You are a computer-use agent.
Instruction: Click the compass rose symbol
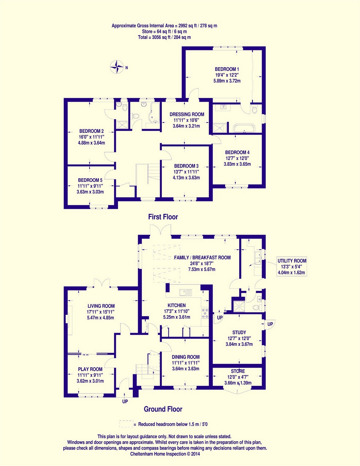coord(117,67)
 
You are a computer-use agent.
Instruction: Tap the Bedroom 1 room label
coord(227,69)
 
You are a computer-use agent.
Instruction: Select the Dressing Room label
coord(187,114)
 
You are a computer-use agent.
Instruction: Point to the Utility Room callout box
coord(292,267)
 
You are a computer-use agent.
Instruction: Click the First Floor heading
coord(163,217)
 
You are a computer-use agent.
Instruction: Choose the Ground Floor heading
coord(163,409)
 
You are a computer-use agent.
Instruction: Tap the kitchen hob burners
coord(205,313)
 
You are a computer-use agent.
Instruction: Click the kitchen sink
coord(186,293)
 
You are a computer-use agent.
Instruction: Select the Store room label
coord(238,371)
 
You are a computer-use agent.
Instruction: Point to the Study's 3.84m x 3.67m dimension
coord(239,344)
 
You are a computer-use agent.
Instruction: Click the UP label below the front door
coord(125,401)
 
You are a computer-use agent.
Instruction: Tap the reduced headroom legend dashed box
coord(126,424)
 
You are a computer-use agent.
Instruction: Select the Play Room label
coord(90,369)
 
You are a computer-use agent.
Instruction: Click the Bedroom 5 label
coord(90,180)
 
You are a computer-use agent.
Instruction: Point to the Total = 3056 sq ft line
coord(164,37)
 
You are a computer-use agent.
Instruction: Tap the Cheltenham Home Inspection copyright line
coord(165,454)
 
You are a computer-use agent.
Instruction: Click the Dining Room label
coord(186,357)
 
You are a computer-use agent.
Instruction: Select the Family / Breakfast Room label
coord(202,258)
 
